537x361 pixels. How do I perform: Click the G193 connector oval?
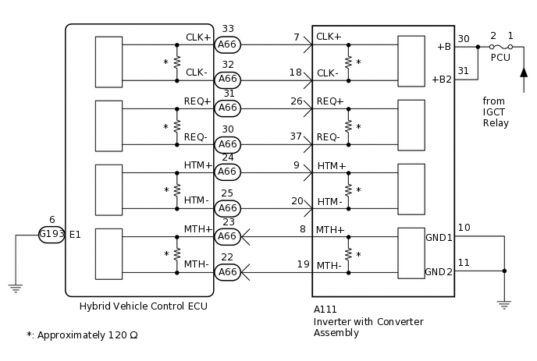(52, 235)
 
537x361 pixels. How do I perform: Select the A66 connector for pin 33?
(227, 44)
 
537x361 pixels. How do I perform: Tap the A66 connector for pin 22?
(227, 272)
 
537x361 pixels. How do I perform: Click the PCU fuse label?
(500, 58)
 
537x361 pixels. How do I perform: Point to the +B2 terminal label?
(441, 79)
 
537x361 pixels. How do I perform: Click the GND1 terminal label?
(439, 237)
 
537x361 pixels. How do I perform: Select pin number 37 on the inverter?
(296, 136)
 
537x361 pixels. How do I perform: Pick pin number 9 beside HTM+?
(297, 165)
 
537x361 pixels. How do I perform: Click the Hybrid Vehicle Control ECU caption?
(144, 306)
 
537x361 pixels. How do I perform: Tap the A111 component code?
(325, 310)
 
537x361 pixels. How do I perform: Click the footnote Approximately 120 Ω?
(82, 335)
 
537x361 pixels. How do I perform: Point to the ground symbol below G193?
(15, 288)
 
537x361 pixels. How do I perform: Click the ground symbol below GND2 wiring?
(503, 304)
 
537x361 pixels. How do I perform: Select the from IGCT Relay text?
(496, 111)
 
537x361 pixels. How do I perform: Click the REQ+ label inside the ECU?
(197, 101)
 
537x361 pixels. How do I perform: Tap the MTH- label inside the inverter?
(330, 266)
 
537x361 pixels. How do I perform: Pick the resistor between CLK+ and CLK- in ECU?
(177, 62)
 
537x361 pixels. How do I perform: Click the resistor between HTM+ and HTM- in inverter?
(348, 189)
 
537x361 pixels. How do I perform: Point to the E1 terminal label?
(75, 235)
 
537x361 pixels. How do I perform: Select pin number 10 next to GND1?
(464, 227)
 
